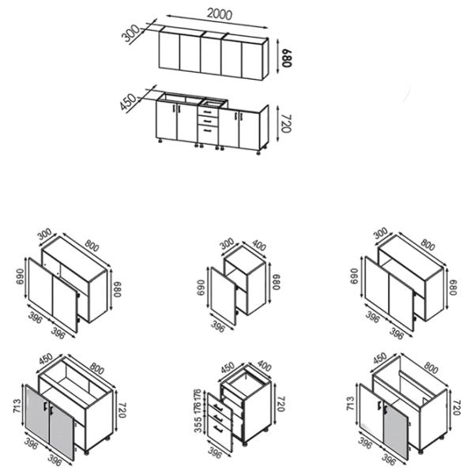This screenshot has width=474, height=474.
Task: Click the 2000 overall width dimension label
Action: (x=220, y=14)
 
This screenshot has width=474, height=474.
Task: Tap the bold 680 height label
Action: (x=286, y=58)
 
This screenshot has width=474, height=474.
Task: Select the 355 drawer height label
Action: (x=197, y=425)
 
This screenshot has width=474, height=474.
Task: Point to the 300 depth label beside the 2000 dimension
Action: (x=130, y=33)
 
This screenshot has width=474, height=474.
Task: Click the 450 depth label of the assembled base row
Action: (x=128, y=102)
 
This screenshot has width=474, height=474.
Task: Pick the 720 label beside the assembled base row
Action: (x=286, y=123)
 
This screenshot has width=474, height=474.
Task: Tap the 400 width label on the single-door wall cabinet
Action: (x=259, y=245)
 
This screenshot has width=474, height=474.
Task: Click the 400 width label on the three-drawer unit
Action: (x=265, y=366)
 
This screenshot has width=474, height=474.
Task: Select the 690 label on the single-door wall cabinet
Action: (x=201, y=288)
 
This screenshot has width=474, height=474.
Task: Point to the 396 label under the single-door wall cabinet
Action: (x=218, y=326)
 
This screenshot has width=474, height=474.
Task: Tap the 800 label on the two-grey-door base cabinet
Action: (x=96, y=368)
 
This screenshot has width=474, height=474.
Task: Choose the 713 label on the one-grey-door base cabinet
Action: (x=350, y=403)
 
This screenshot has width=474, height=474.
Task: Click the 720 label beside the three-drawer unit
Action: (x=280, y=403)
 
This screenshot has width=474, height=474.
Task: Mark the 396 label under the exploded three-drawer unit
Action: (x=215, y=453)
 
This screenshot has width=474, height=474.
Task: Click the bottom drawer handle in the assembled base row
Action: (x=207, y=130)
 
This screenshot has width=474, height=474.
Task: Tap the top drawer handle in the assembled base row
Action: (x=207, y=112)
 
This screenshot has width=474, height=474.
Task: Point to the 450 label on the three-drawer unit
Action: (x=228, y=367)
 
